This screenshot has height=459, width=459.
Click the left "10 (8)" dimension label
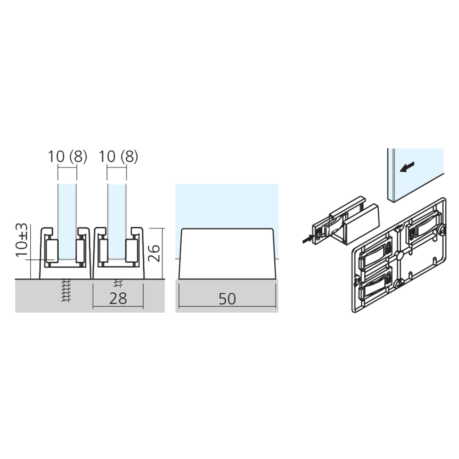tap(67, 157)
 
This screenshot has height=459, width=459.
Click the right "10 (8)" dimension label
tap(118, 157)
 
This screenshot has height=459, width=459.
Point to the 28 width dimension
tap(118, 299)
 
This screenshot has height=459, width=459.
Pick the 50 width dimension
tap(227, 299)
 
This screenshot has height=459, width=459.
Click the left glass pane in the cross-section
tap(67, 216)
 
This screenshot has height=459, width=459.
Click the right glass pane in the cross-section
tap(117, 216)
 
